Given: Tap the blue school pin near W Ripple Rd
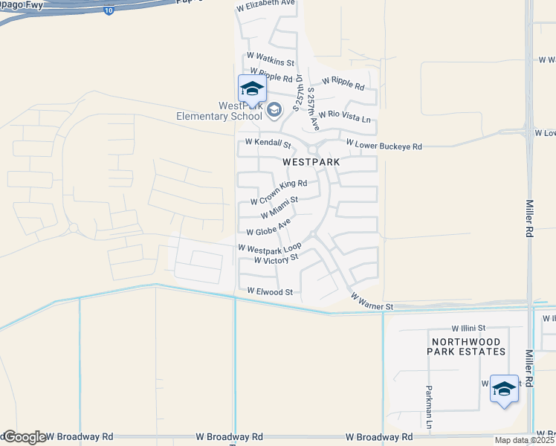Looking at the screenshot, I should click(252, 89).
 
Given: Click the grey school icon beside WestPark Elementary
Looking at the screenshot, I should click(274, 111).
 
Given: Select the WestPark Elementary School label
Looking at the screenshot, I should click(219, 111).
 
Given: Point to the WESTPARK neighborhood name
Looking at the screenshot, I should click(311, 161).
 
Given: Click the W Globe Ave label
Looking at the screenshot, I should click(267, 227).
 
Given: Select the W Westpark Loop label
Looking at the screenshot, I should click(269, 248).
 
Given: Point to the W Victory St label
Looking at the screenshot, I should click(276, 259).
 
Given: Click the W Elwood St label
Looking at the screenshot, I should click(270, 292).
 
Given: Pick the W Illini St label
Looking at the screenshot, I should click(468, 328).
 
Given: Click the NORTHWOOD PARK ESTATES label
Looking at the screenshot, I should click(468, 346).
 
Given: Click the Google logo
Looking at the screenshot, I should click(24, 437).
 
